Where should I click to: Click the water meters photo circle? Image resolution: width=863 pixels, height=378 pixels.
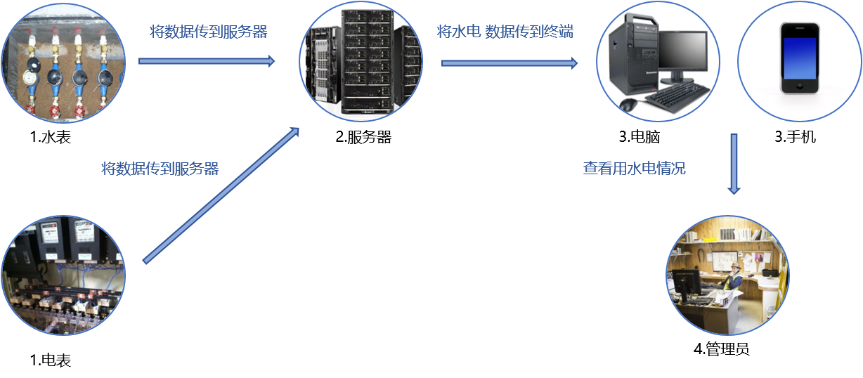click(x=63, y=63)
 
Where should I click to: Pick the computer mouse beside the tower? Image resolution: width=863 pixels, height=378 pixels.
click(x=628, y=105)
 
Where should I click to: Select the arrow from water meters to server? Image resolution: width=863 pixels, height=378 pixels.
click(x=207, y=61)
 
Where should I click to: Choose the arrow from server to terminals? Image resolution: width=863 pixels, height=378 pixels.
click(x=510, y=63)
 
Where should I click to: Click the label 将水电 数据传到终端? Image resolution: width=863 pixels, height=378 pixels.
click(x=505, y=32)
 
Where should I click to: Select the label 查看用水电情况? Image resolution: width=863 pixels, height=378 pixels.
click(x=634, y=169)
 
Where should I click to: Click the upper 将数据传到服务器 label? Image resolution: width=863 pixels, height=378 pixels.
click(x=209, y=32)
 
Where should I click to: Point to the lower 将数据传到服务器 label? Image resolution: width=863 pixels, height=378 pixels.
click(x=160, y=169)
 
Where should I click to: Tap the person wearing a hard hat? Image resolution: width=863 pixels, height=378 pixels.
click(x=734, y=277)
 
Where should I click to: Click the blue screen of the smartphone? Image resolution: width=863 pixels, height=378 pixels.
click(x=800, y=58)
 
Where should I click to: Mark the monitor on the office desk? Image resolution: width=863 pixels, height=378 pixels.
click(x=686, y=282)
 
